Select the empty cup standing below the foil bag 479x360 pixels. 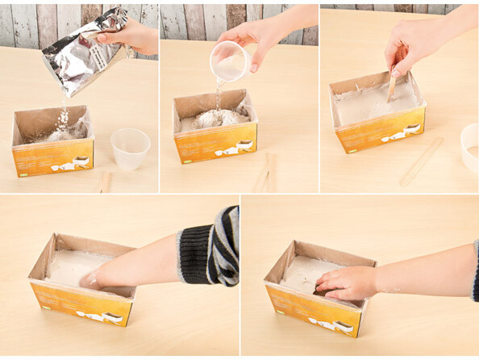click(129, 148)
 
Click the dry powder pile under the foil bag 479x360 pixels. click(61, 133)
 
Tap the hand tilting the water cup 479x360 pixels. click(258, 36)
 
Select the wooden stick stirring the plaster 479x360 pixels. click(392, 84)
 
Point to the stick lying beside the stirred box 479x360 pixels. click(422, 161)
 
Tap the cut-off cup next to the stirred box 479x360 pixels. click(469, 146)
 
